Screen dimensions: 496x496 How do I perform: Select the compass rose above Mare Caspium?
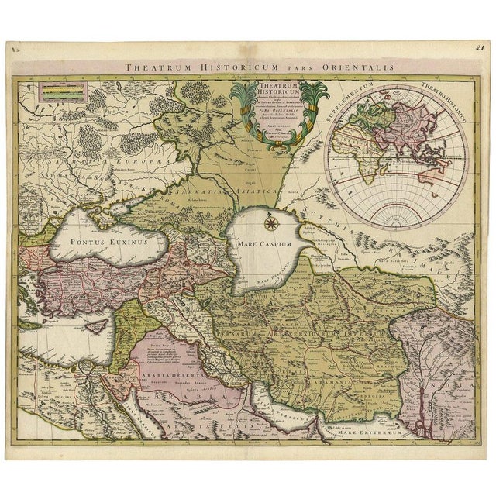[271, 223]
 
